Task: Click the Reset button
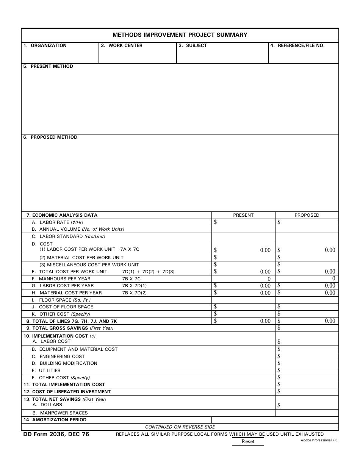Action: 248,441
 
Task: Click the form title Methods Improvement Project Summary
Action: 180,35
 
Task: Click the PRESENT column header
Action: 243,215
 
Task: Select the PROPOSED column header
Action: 307,215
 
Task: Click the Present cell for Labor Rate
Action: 243,222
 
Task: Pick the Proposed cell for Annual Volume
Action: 307,229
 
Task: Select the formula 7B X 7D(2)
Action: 134,293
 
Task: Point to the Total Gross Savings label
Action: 72,328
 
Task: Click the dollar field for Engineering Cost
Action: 307,356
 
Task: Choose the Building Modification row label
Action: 68,363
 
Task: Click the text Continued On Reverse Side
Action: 180,427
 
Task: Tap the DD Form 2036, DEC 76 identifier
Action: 56,434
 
